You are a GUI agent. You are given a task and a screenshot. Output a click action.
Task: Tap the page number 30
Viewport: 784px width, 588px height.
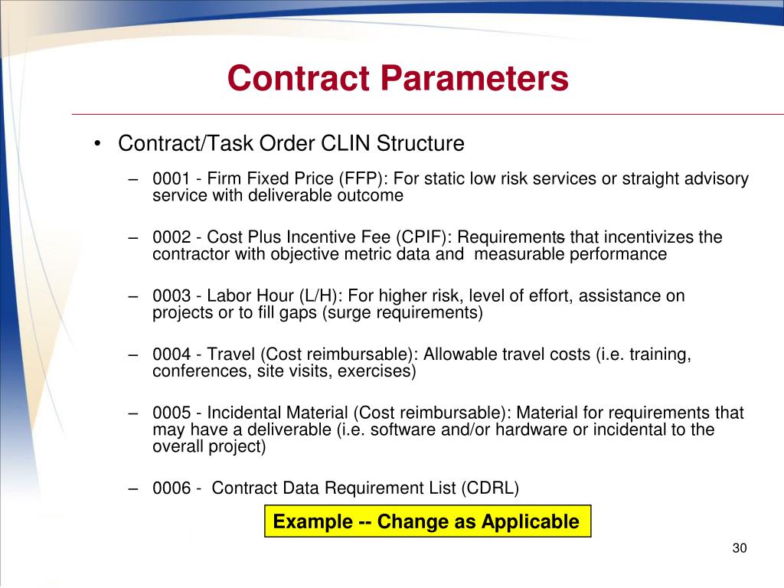pos(739,548)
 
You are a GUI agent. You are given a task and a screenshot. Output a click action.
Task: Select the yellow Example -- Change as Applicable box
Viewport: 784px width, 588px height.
pos(427,521)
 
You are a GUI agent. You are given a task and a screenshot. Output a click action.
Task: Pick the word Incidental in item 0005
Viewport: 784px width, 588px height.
pos(245,413)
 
